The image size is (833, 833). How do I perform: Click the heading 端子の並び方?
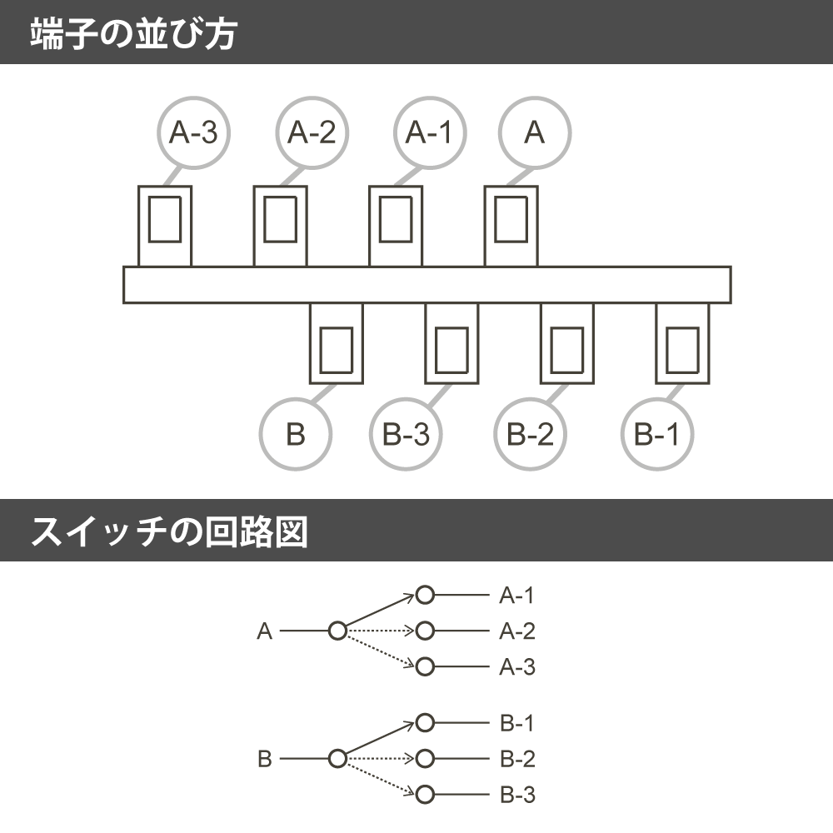[x=133, y=33]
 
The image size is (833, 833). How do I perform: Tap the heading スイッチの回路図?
[x=169, y=531]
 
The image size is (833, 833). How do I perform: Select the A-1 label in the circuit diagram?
[x=516, y=596]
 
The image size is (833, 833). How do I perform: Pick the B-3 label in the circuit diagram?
[x=517, y=795]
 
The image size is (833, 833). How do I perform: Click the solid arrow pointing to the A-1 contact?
[x=380, y=610]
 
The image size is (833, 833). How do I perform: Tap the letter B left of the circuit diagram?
[x=265, y=759]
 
